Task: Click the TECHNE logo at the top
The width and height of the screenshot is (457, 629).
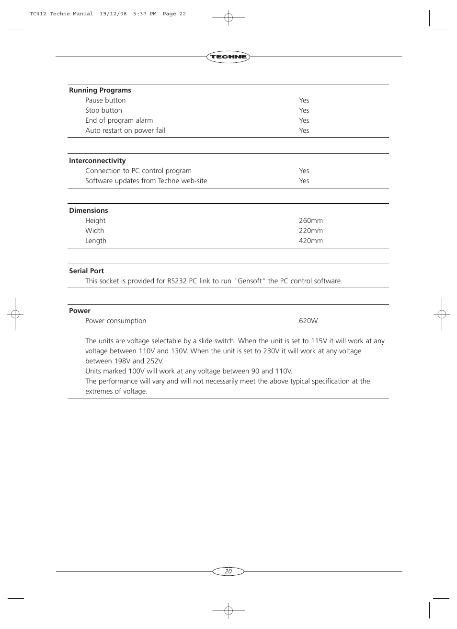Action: click(228, 57)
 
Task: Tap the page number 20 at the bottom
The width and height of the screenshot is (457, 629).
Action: click(228, 571)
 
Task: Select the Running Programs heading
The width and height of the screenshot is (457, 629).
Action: click(100, 90)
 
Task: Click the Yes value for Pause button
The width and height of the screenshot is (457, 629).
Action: click(304, 100)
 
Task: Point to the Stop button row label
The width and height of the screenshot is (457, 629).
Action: click(103, 110)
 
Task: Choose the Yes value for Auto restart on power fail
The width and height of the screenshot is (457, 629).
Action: click(304, 130)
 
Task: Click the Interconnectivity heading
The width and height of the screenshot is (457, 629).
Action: click(97, 161)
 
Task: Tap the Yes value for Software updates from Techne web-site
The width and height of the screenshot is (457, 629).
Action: click(304, 181)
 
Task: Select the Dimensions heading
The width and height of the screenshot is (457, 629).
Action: click(89, 210)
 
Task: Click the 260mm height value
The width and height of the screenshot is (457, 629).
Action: click(311, 221)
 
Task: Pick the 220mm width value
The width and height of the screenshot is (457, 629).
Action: click(311, 231)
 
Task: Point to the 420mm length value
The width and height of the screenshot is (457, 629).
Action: click(311, 241)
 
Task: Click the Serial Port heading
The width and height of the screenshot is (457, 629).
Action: click(86, 271)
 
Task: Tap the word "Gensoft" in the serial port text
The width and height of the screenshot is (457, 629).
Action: click(250, 281)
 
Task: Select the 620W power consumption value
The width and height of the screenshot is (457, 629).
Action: click(308, 321)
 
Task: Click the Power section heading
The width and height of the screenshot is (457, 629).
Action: click(80, 311)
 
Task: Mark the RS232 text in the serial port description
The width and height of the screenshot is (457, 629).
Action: click(177, 281)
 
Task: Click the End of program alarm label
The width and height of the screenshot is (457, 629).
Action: click(119, 120)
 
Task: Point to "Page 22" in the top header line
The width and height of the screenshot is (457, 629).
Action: click(174, 14)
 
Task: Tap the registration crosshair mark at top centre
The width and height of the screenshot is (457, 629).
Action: click(228, 18)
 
